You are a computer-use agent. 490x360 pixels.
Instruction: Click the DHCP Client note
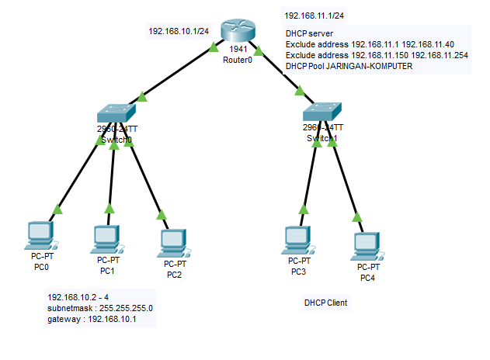pos(325,303)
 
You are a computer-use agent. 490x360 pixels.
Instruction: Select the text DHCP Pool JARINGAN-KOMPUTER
pos(349,67)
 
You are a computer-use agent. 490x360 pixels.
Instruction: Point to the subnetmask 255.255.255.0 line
pos(100,308)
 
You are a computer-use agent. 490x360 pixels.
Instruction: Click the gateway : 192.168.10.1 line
pos(91,319)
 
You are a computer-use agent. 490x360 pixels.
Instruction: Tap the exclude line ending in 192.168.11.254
pos(376,56)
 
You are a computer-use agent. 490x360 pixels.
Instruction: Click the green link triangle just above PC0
pos(57,209)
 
